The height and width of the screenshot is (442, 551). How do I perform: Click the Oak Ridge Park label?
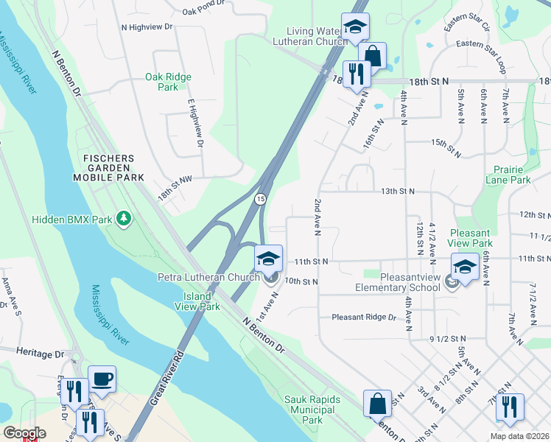[x=168, y=82]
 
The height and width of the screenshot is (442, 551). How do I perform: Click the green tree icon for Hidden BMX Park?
[x=124, y=219]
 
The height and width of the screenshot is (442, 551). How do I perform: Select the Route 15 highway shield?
[x=261, y=200]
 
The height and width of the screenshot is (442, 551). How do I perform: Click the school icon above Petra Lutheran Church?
[x=268, y=258]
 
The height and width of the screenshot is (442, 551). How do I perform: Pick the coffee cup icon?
[x=102, y=379]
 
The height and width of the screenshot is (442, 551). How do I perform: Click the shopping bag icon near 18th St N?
[x=373, y=55]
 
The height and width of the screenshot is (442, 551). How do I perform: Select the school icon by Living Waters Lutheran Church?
[x=354, y=27]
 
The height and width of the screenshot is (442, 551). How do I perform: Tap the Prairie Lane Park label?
[x=508, y=174]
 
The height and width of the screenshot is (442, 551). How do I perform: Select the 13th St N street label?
[x=398, y=191]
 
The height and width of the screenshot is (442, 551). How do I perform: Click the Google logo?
[x=24, y=433]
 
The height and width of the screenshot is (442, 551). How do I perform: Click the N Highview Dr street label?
[x=147, y=26]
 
